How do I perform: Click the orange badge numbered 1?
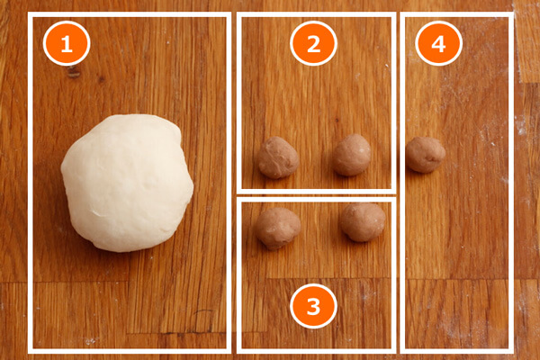tap(67, 43)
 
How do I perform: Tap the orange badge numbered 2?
tap(313, 43)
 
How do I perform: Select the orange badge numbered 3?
tap(313, 306)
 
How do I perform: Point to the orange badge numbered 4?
tap(438, 43)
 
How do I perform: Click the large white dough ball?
tap(127, 183)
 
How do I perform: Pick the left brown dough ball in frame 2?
tap(278, 157)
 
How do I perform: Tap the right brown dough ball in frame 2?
tap(352, 155)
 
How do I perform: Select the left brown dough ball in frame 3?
tap(277, 228)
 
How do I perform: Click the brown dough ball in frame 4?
tap(426, 155)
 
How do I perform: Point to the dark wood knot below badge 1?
tap(74, 72)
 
